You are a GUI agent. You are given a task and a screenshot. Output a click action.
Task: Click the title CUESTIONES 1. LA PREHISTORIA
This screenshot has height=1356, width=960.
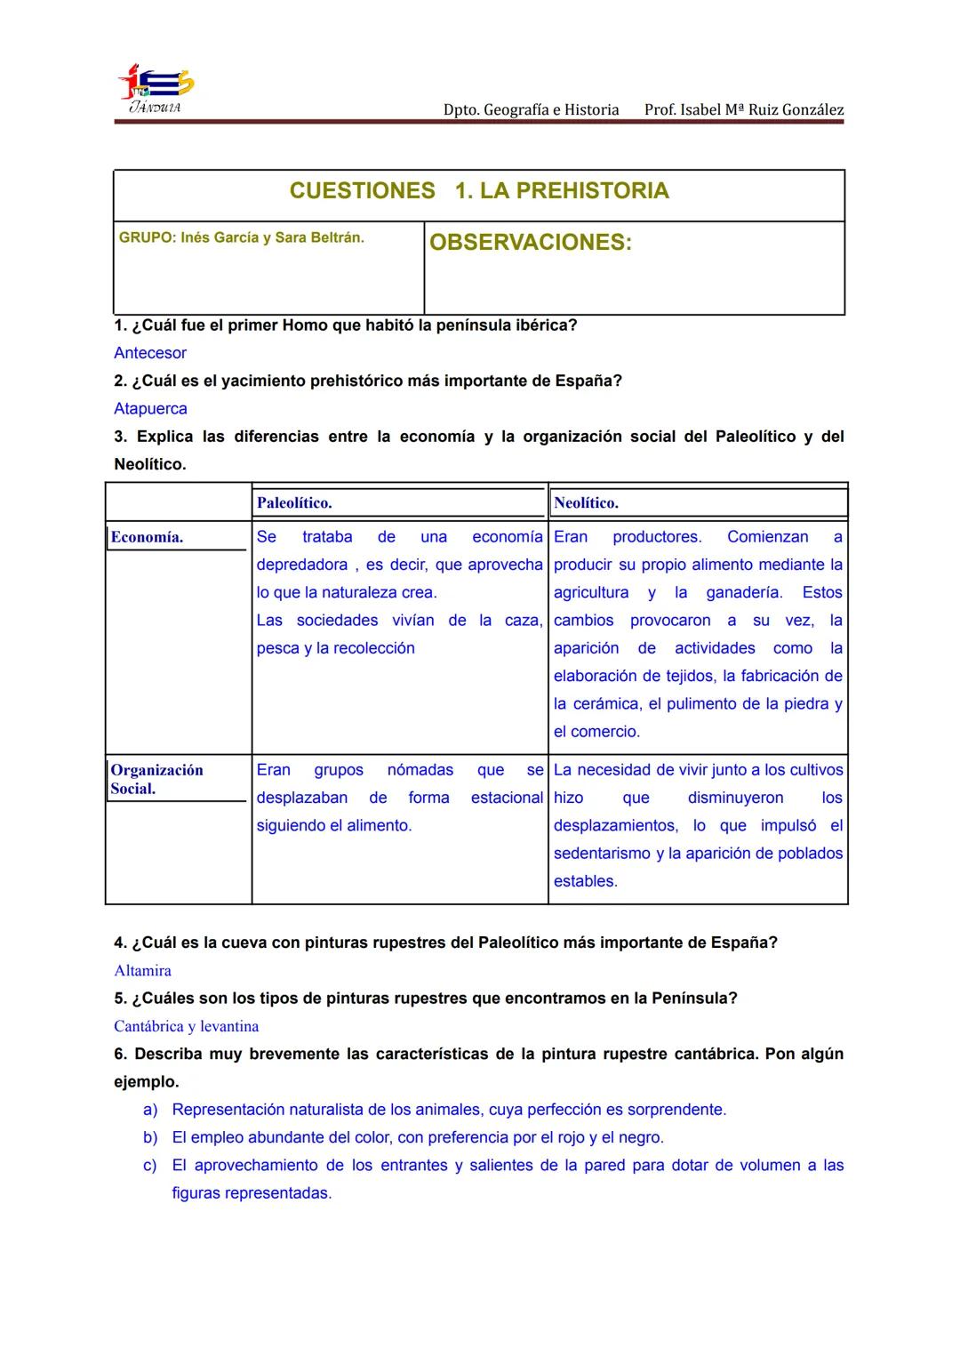479,191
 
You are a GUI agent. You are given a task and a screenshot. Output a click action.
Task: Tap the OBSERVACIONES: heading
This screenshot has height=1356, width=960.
530,243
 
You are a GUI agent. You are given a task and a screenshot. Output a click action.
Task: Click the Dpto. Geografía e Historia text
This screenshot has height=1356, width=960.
531,110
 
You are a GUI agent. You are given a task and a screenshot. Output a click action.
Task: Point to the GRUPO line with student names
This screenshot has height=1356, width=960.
241,238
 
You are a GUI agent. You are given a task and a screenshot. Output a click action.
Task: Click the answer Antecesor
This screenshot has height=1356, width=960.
150,353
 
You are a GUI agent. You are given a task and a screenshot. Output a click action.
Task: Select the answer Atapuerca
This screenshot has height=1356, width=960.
150,409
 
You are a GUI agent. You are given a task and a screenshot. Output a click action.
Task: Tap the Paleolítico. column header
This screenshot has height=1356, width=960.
294,503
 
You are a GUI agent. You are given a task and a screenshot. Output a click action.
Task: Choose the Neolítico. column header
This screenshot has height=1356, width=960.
586,503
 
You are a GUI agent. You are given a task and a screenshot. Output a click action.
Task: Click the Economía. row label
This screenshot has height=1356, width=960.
147,537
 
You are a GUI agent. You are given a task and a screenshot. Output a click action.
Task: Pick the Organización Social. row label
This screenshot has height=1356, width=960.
156,779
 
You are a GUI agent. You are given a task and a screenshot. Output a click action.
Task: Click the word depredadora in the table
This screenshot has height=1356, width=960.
302,565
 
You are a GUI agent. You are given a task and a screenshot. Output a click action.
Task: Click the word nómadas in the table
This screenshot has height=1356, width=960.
420,770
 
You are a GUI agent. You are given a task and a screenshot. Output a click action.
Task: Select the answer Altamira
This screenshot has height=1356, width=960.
142,971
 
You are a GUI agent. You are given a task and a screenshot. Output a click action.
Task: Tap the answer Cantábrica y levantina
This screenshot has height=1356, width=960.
187,1026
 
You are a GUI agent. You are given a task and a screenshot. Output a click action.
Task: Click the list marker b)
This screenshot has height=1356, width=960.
150,1137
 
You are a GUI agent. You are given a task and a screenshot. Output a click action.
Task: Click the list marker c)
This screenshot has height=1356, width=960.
150,1166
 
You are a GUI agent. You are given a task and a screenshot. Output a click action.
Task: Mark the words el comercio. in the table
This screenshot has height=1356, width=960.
596,732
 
